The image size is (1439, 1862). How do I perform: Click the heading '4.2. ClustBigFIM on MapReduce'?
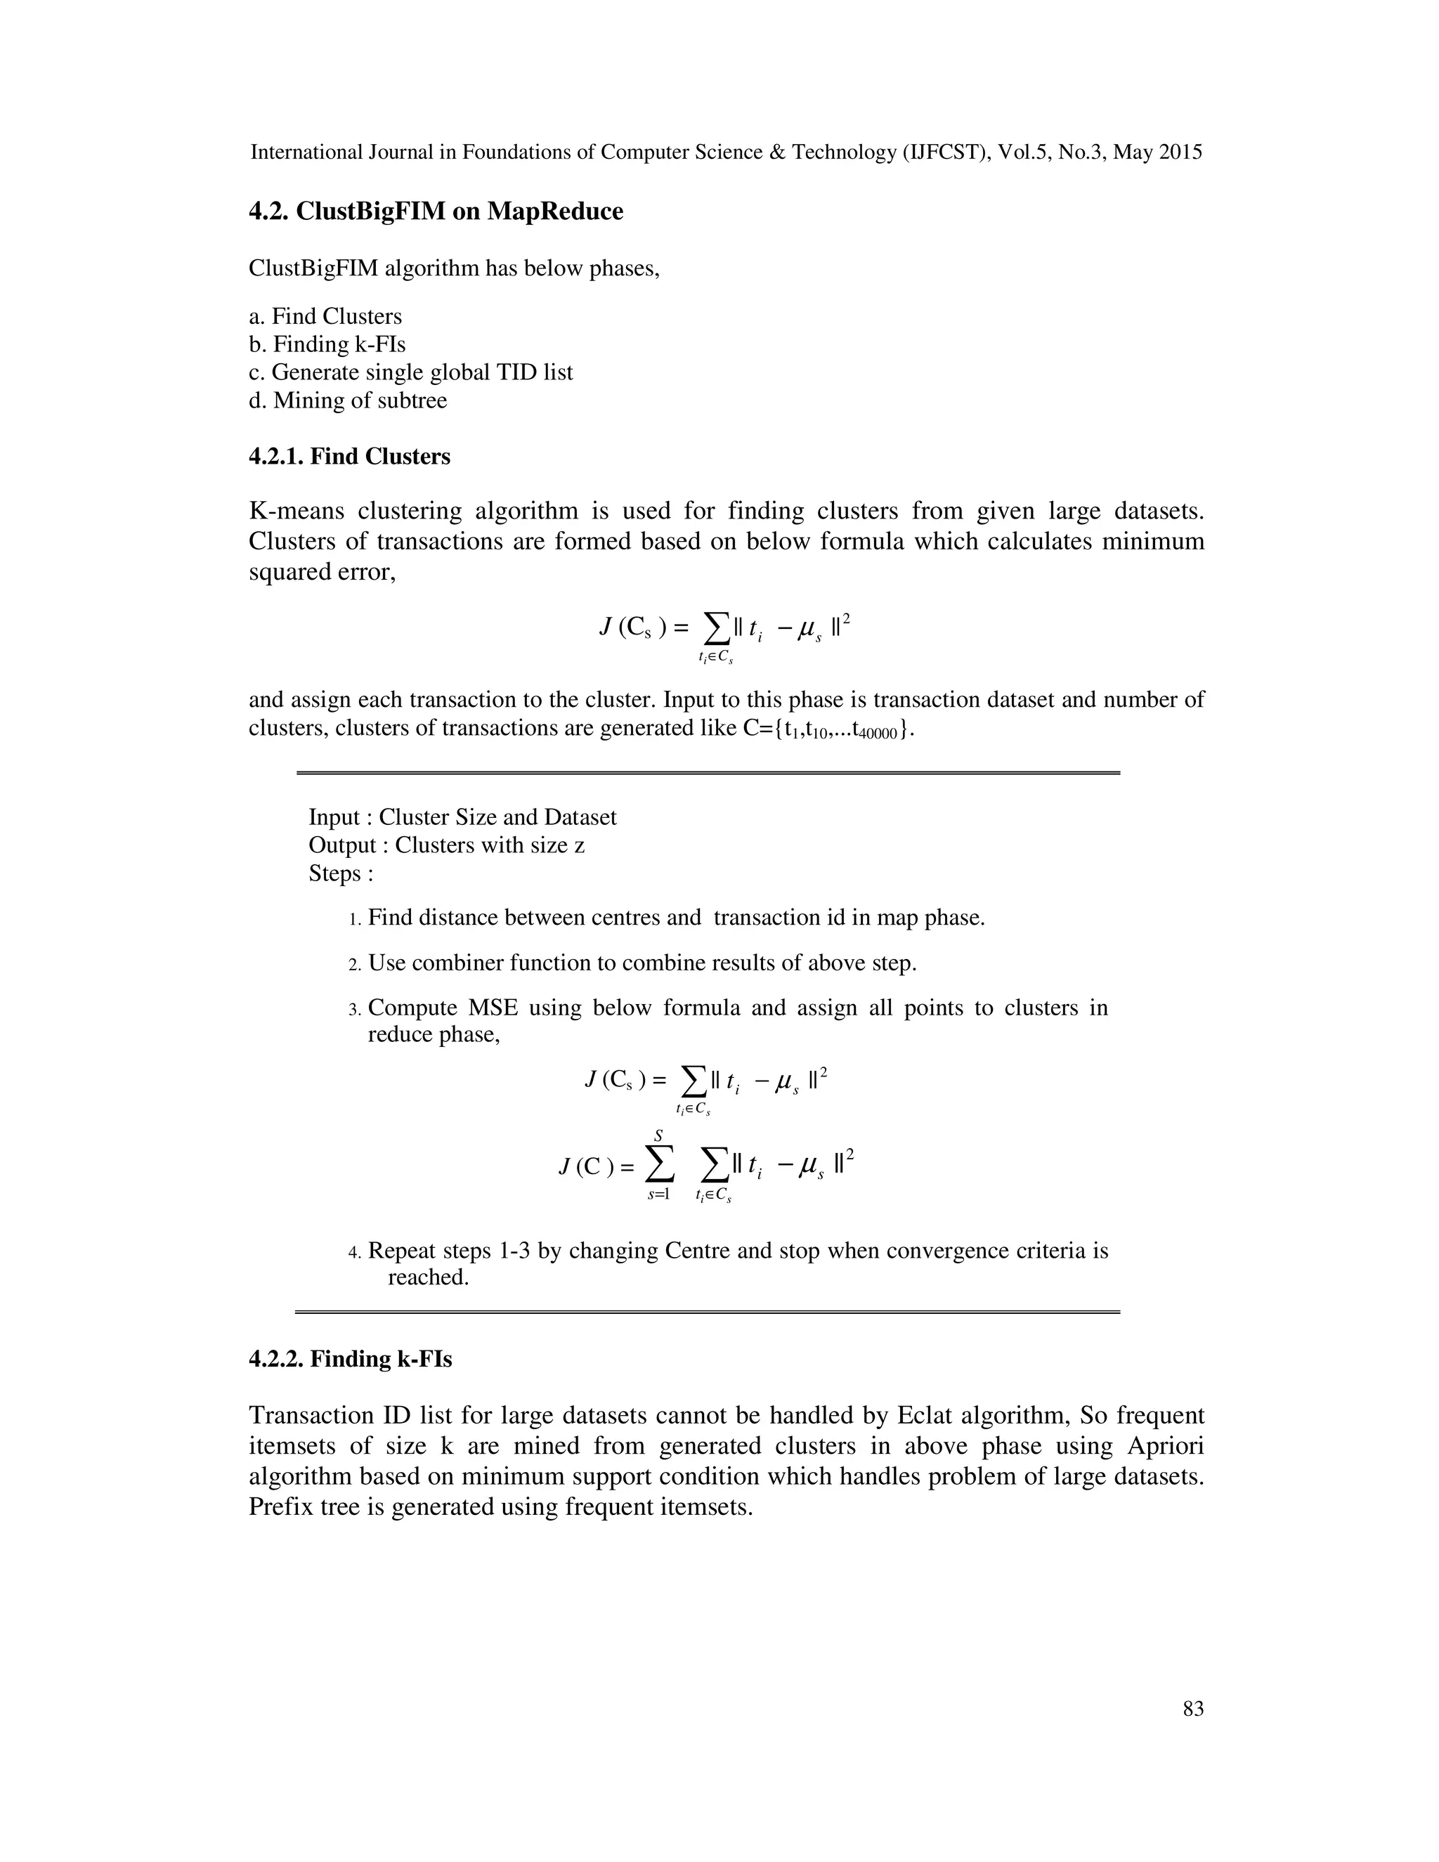[436, 211]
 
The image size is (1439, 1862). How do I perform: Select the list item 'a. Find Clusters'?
[325, 316]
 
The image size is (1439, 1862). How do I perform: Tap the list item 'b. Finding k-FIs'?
[327, 344]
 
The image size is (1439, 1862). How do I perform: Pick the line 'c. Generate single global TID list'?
[410, 372]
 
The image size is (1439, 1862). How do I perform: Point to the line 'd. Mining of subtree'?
[347, 401]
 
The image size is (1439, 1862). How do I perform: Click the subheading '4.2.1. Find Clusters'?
[349, 457]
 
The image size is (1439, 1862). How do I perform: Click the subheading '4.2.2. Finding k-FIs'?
[349, 1359]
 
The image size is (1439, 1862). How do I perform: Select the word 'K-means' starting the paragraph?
[296, 512]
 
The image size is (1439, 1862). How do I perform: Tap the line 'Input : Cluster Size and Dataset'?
[462, 818]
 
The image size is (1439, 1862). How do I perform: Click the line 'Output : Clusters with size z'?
[446, 846]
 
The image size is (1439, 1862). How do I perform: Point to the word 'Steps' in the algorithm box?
[335, 874]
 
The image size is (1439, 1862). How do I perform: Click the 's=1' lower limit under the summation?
[658, 1194]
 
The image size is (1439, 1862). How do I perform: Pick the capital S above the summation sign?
[658, 1136]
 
